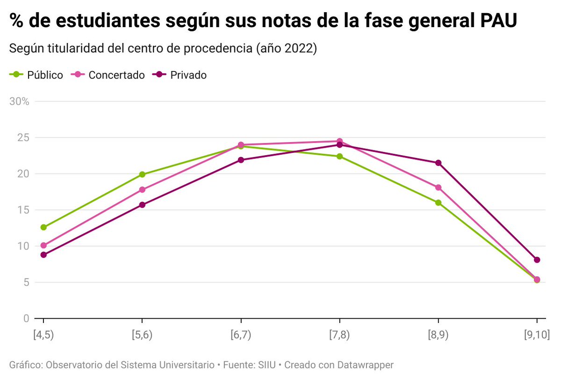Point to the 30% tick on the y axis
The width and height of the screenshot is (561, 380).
(x=20, y=101)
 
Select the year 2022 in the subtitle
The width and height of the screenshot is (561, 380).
(x=298, y=49)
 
